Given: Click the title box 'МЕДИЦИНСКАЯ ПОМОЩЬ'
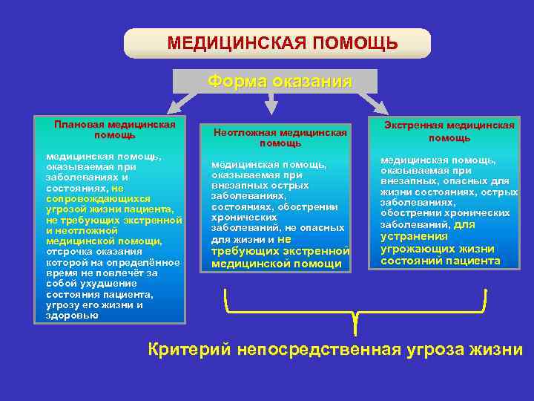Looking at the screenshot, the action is [x=277, y=43].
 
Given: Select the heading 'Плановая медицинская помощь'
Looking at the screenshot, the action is [x=114, y=129].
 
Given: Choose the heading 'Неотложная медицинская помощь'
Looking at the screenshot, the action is [x=280, y=137].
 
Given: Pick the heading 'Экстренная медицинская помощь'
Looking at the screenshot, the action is [x=449, y=131].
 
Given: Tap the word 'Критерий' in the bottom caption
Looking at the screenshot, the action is [x=189, y=349].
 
